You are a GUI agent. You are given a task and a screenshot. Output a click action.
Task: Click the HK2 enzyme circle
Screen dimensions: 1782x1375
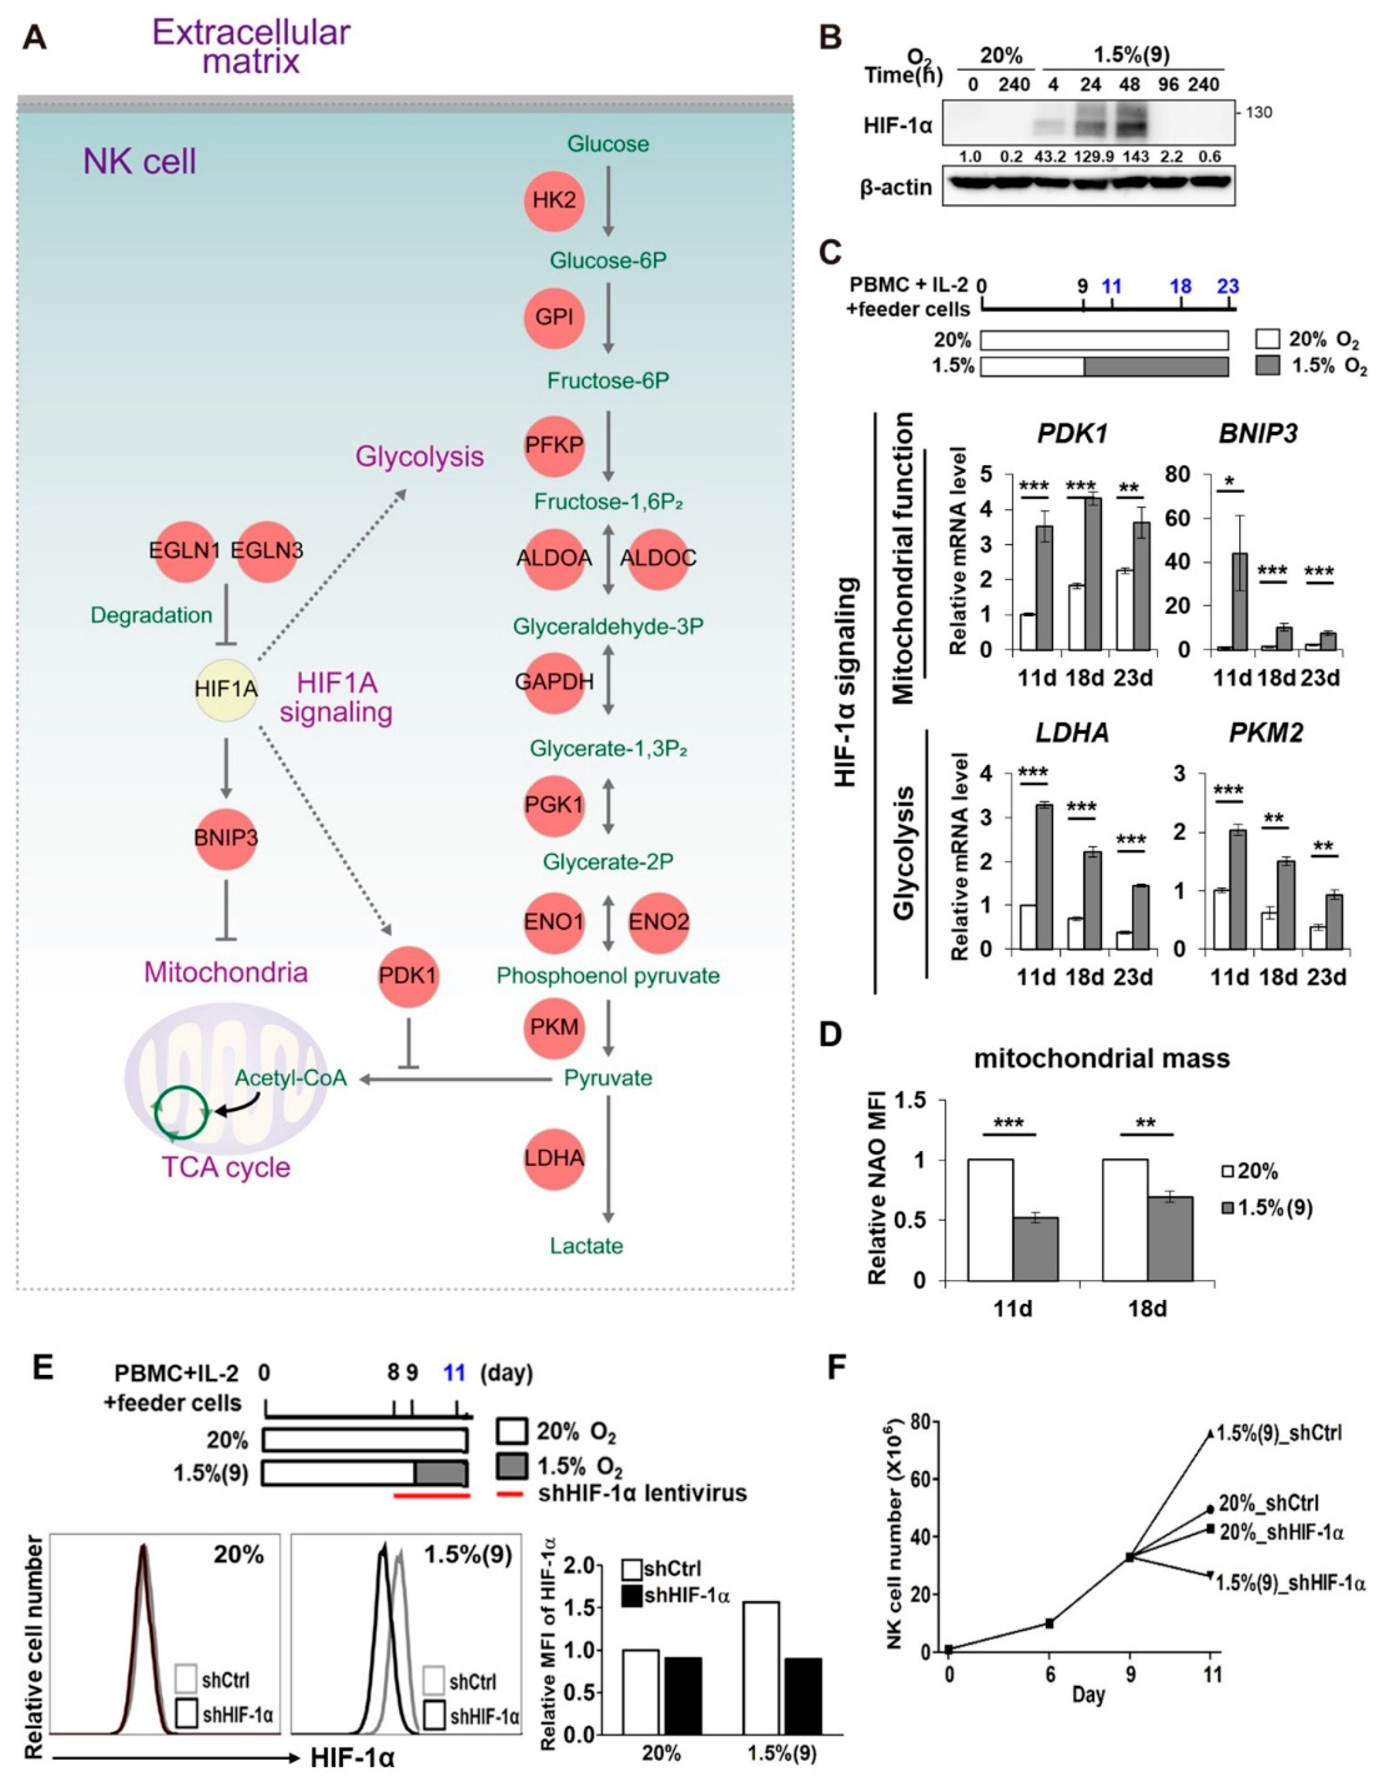554,200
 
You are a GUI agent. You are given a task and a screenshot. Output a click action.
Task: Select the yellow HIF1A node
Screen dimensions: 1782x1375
226,689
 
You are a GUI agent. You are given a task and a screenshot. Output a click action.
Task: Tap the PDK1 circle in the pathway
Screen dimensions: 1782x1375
408,975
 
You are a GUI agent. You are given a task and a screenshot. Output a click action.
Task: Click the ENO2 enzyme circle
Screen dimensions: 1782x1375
658,923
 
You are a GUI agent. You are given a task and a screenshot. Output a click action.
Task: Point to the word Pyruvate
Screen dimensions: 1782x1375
608,1078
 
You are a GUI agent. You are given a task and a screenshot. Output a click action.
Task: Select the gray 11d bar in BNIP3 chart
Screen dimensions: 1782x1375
1240,600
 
